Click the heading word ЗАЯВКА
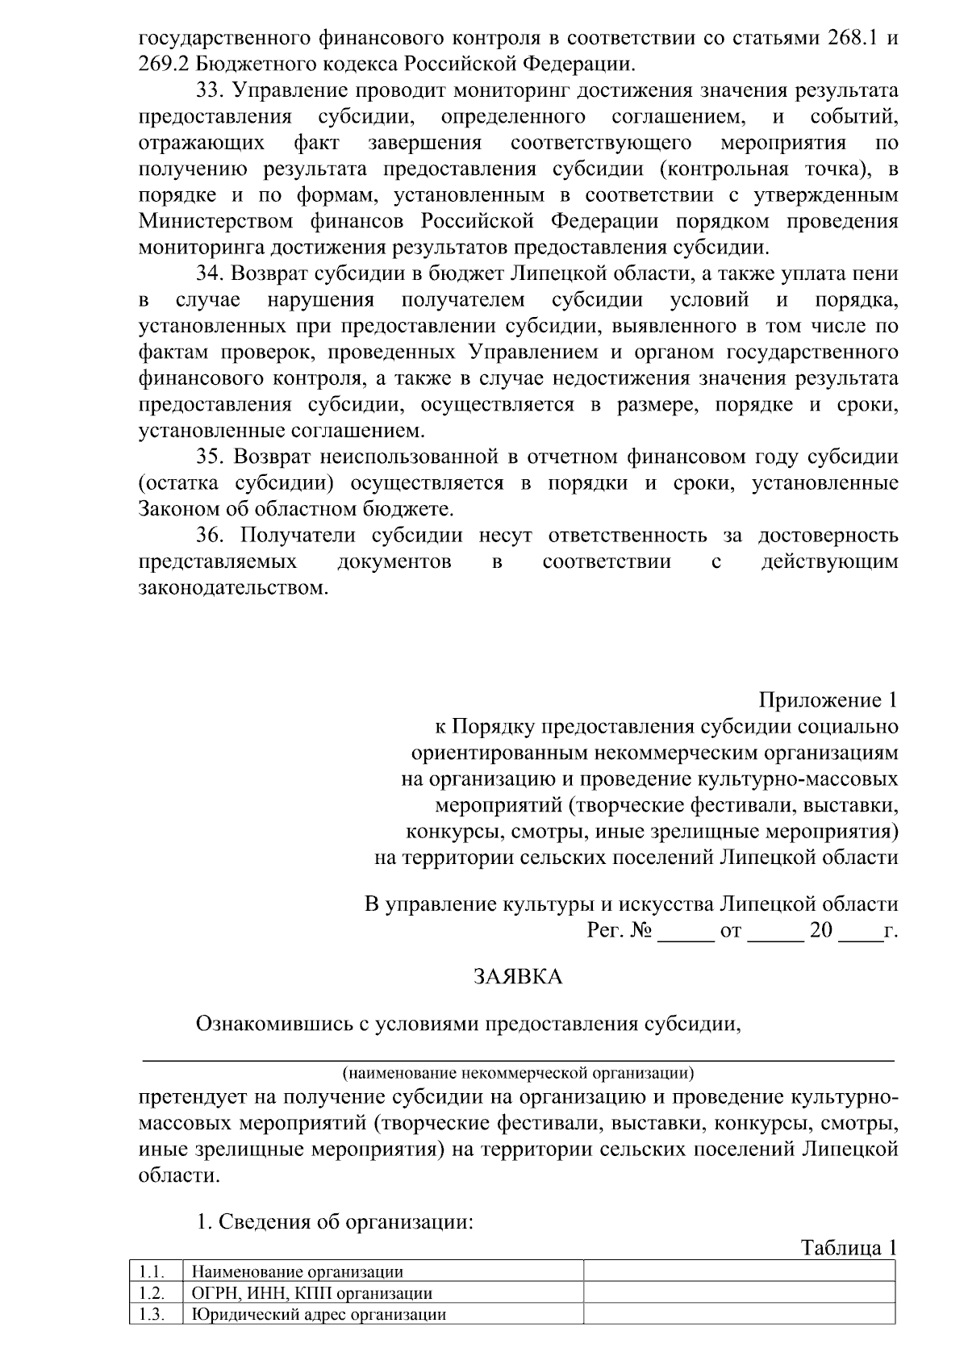tap(517, 977)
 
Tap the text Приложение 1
tap(828, 699)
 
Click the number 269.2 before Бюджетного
tap(165, 65)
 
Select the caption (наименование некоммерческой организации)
tap(518, 1074)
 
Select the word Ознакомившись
tap(271, 1024)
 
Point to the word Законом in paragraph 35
tap(175, 509)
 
